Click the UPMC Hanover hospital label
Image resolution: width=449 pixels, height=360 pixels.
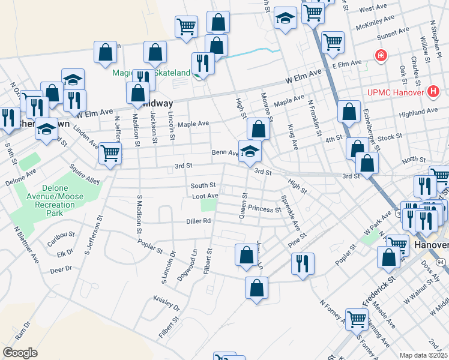tap(396, 93)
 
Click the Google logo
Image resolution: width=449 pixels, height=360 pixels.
tap(20, 353)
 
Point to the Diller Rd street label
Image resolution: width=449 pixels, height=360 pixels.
tap(198, 221)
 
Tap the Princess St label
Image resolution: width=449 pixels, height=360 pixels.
tap(265, 210)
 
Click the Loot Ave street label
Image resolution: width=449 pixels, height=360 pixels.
tap(205, 196)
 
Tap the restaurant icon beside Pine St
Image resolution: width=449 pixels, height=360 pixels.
tap(302, 262)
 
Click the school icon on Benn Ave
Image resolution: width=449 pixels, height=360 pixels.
tap(249, 151)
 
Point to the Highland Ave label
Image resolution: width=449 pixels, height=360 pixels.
tap(418, 112)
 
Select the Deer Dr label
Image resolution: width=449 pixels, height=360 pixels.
tap(61, 269)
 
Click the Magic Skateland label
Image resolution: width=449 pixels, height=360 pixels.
tap(151, 73)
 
